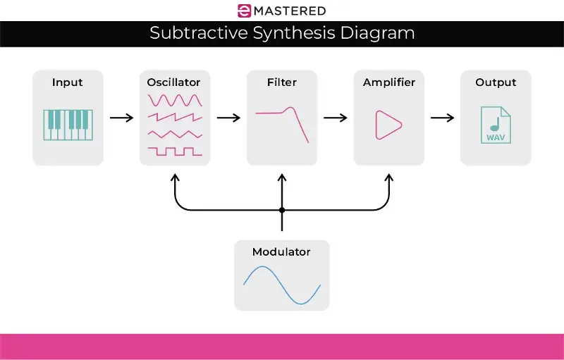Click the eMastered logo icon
point(244,11)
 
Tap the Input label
point(68,82)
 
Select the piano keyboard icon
point(67,125)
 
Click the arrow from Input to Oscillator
point(121,117)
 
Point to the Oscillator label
point(175,82)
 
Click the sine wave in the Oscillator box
point(175,100)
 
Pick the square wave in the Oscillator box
point(175,150)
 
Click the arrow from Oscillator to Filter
point(228,117)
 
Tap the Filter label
point(282,82)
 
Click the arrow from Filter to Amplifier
point(336,117)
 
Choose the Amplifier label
point(389,82)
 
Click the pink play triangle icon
point(387,125)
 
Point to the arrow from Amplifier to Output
point(443,117)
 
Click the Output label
point(496,82)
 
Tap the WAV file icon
point(496,125)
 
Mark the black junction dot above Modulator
point(282,210)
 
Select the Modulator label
point(281,252)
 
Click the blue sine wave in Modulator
point(282,285)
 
